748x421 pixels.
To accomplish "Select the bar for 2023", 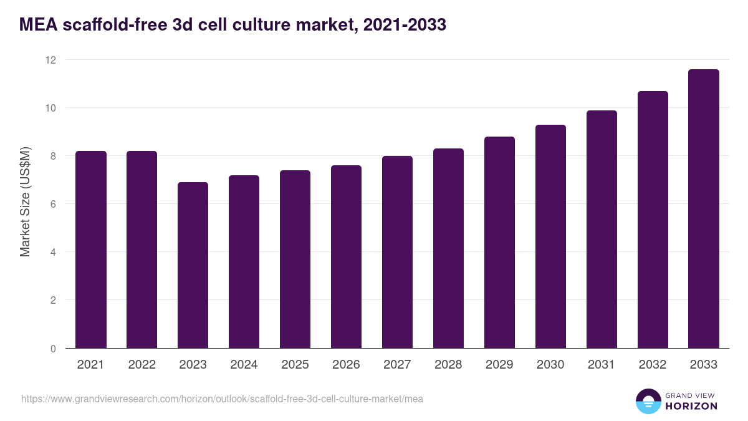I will (x=193, y=265).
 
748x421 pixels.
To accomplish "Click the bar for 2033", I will (x=704, y=209).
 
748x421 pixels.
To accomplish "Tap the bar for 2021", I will (x=90, y=249).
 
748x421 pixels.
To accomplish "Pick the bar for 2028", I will (x=448, y=248).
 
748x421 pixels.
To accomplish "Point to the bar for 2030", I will (x=550, y=236).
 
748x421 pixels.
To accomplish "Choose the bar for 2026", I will (x=346, y=256).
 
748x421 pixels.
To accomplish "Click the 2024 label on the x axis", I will (x=244, y=365).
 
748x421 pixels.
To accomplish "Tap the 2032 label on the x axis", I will (x=653, y=365).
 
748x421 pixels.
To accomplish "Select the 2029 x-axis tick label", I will (x=499, y=365).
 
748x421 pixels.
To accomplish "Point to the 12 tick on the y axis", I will (x=50, y=60).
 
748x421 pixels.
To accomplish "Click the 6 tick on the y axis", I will (x=53, y=204).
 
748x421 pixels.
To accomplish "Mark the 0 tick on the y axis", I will (x=53, y=348).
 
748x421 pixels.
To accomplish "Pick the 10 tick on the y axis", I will (x=50, y=108).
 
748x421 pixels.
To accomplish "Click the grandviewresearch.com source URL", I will (x=222, y=399).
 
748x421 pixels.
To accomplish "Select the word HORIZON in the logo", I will (x=691, y=406).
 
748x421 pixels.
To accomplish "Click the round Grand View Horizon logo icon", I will (x=648, y=401).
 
